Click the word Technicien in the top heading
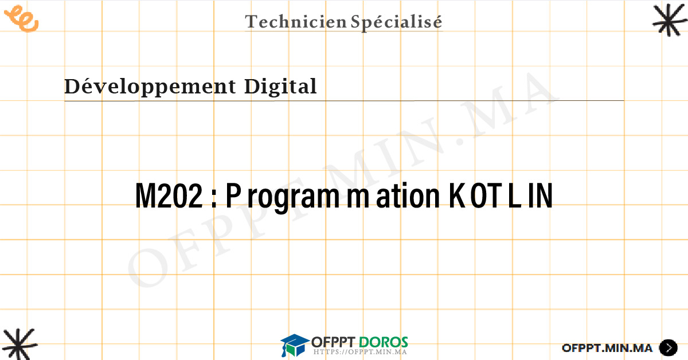(x=296, y=22)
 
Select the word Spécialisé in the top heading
(x=397, y=22)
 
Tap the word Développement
(x=150, y=87)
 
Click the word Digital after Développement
(x=280, y=87)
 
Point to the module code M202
(x=169, y=195)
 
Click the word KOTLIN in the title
(x=501, y=195)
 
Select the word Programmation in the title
(x=333, y=197)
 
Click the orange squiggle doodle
(x=22, y=18)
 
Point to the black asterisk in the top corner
(x=670, y=20)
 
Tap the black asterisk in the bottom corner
(x=19, y=344)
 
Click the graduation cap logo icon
(x=294, y=345)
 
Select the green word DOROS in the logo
(x=384, y=342)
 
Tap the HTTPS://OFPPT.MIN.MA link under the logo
(x=360, y=352)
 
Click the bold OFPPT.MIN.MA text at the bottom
(x=607, y=348)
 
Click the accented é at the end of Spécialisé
(x=436, y=22)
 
